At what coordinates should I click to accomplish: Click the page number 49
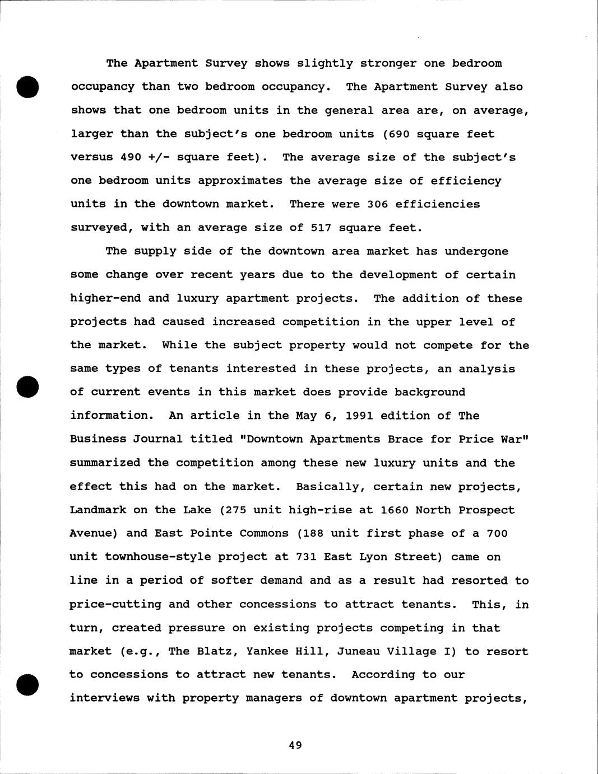pyautogui.click(x=295, y=745)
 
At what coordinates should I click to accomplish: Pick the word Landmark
pyautogui.click(x=94, y=510)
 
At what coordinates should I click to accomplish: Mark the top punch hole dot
pyautogui.click(x=27, y=87)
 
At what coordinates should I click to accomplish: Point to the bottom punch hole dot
pyautogui.click(x=27, y=685)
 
